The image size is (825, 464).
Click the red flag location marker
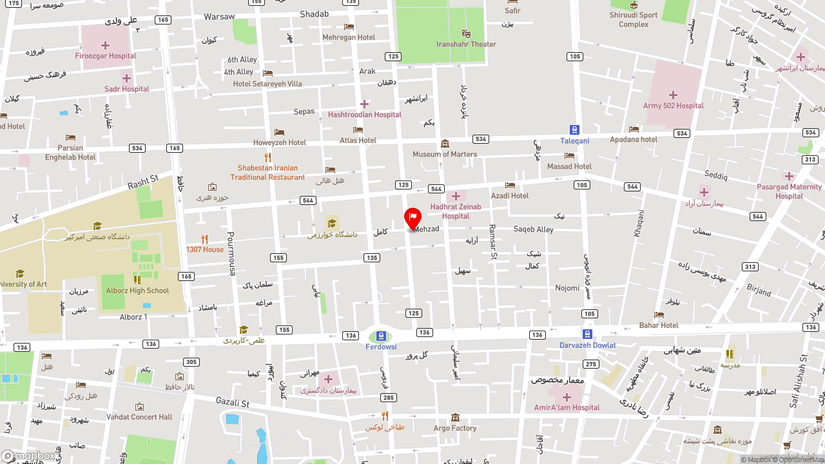tap(412, 218)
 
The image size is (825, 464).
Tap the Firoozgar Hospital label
tap(105, 56)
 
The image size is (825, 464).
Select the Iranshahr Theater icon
tap(466, 34)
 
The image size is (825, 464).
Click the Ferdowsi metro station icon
tap(381, 336)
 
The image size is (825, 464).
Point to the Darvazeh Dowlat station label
tap(587, 345)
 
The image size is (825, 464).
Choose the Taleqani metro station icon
tap(574, 130)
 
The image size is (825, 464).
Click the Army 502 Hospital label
tap(673, 106)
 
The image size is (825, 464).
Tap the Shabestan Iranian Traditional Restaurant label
tap(267, 173)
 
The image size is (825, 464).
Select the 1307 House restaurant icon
tap(204, 239)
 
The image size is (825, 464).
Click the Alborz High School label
tap(137, 291)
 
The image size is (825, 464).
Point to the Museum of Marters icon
tap(445, 144)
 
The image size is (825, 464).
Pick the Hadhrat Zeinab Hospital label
tap(456, 211)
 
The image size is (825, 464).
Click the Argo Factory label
tap(455, 428)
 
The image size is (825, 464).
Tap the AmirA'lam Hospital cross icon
tap(567, 397)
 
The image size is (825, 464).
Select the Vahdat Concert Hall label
tap(139, 417)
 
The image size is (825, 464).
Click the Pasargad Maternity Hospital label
tap(789, 191)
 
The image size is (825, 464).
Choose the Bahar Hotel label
tap(659, 325)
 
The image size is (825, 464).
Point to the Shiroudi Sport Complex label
tap(634, 20)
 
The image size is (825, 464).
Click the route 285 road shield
tap(388, 398)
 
